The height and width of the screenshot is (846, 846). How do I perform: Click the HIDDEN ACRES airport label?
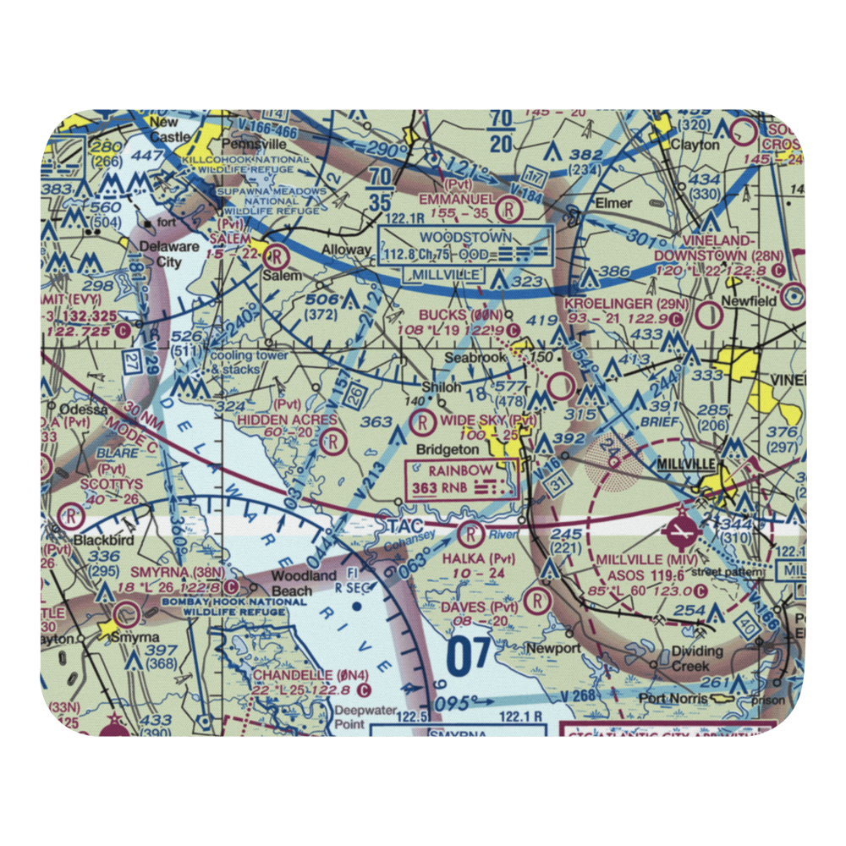tap(287, 420)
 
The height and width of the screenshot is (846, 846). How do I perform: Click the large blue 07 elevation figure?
tap(468, 656)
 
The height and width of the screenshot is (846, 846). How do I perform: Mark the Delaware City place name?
tap(161, 255)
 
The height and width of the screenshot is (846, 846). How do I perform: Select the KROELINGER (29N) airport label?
tap(620, 303)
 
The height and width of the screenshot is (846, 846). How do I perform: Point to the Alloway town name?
tap(345, 250)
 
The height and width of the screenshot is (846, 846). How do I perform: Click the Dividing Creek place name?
tap(697, 658)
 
